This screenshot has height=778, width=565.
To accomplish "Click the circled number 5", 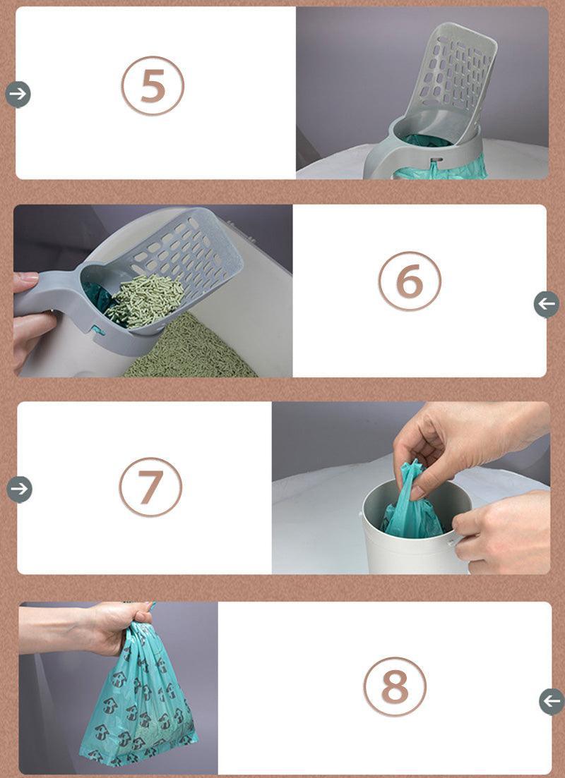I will coord(153,85).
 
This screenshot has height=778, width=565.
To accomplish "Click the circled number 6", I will coord(410,281).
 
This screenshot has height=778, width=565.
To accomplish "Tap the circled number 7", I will coord(150,487).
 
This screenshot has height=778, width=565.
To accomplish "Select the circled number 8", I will coord(395,687).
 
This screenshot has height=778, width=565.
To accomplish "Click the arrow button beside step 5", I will coord(18,94).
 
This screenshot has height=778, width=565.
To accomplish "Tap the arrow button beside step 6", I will coord(546,304).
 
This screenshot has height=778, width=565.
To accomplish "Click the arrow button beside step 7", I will coord(19,489).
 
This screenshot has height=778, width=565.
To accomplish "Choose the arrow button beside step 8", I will coord(552,702).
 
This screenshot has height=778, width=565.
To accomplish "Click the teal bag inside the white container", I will coord(413,511).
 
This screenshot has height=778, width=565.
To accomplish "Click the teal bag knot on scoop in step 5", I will coord(432,168).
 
